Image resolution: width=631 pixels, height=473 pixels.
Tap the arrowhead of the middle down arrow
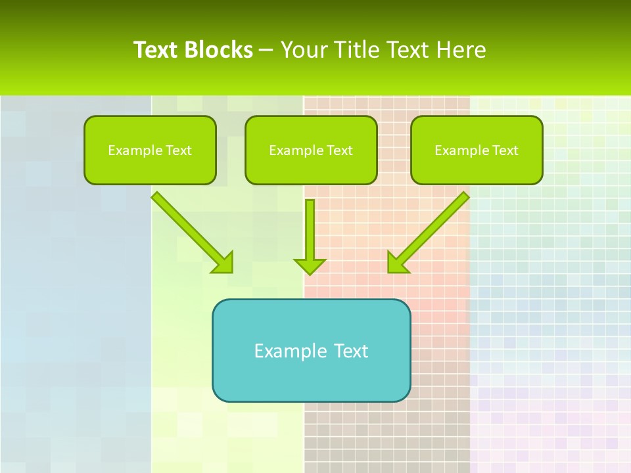coord(310,266)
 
